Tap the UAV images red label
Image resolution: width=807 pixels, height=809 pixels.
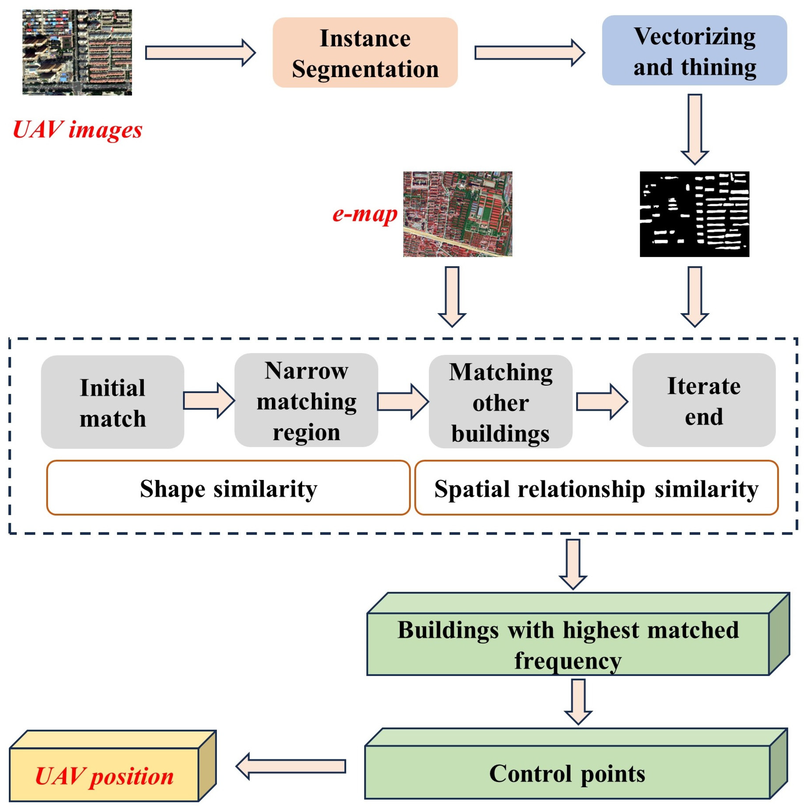[78, 130]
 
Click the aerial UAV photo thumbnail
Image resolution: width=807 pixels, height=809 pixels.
[77, 53]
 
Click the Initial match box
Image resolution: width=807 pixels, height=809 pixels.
[112, 402]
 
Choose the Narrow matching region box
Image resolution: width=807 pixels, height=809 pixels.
[306, 401]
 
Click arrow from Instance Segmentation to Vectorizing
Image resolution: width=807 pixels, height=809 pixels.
[529, 53]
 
